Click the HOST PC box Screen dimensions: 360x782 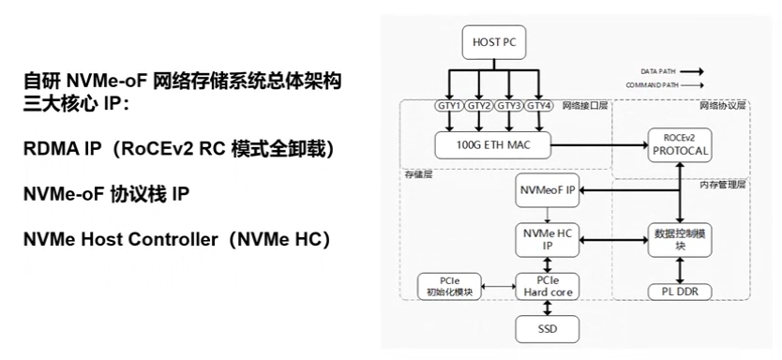tap(494, 43)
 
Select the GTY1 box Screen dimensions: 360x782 tap(449, 106)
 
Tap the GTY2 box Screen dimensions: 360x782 tap(479, 106)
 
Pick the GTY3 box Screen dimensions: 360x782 tap(509, 106)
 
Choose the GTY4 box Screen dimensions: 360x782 tap(539, 106)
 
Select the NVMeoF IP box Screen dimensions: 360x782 tap(549, 191)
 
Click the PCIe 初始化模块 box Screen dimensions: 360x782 tap(449, 286)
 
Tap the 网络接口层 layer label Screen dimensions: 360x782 tap(585, 106)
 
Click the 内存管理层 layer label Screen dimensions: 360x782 tap(723, 185)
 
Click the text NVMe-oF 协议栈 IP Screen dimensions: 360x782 tap(106, 194)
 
